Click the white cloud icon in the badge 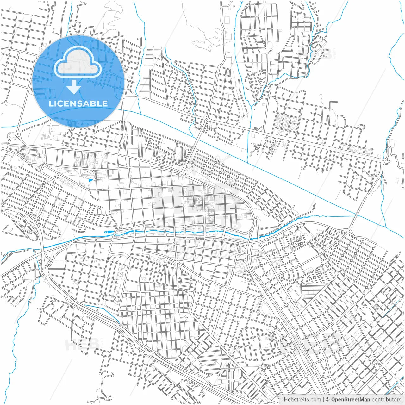pyautogui.click(x=78, y=62)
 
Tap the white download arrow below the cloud pyautogui.click(x=74, y=87)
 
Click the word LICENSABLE pyautogui.click(x=78, y=103)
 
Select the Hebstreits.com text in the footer pyautogui.click(x=302, y=400)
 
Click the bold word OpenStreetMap pyautogui.click(x=350, y=400)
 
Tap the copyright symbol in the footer pyautogui.click(x=328, y=400)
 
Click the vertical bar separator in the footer pyautogui.click(x=323, y=400)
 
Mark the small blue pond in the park pyautogui.click(x=91, y=180)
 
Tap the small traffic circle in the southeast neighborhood pyautogui.click(x=292, y=281)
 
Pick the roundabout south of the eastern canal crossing pyautogui.click(x=348, y=231)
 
